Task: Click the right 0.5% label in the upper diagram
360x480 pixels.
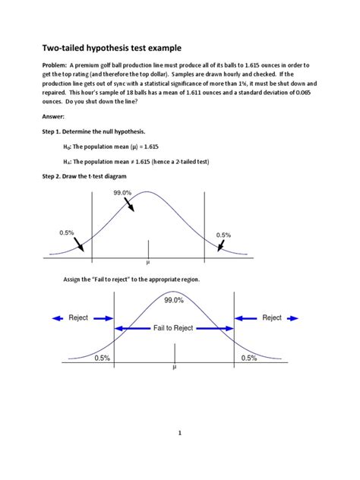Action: tap(223, 235)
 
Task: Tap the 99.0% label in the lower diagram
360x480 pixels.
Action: tap(174, 300)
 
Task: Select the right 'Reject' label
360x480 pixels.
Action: tap(272, 318)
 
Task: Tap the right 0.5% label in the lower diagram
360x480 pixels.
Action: tap(249, 358)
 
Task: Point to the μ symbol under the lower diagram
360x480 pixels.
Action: tap(174, 367)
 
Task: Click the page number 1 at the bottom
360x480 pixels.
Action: tap(179, 434)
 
